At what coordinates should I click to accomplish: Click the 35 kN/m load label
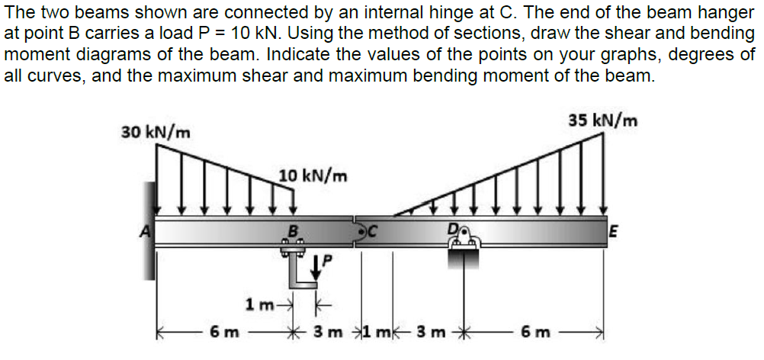coord(603,120)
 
